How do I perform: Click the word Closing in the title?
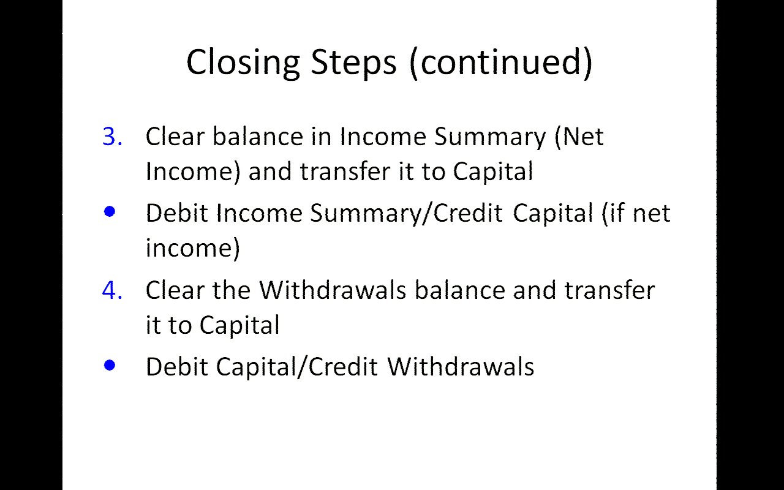[243, 63]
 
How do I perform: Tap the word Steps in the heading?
[353, 63]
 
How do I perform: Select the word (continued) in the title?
[501, 62]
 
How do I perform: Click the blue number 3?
[112, 136]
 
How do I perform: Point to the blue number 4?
[112, 290]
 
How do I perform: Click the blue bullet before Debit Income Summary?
[110, 211]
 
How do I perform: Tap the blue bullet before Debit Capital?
[110, 365]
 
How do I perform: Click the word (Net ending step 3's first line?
[579, 137]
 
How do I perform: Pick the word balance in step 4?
[460, 290]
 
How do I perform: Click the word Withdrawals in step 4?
[333, 290]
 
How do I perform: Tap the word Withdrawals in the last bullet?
[461, 367]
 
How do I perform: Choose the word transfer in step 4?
[609, 290]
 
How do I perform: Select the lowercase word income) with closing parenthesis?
[193, 249]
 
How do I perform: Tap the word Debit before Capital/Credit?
[177, 367]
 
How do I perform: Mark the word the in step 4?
[232, 290]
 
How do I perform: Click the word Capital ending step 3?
[493, 172]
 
